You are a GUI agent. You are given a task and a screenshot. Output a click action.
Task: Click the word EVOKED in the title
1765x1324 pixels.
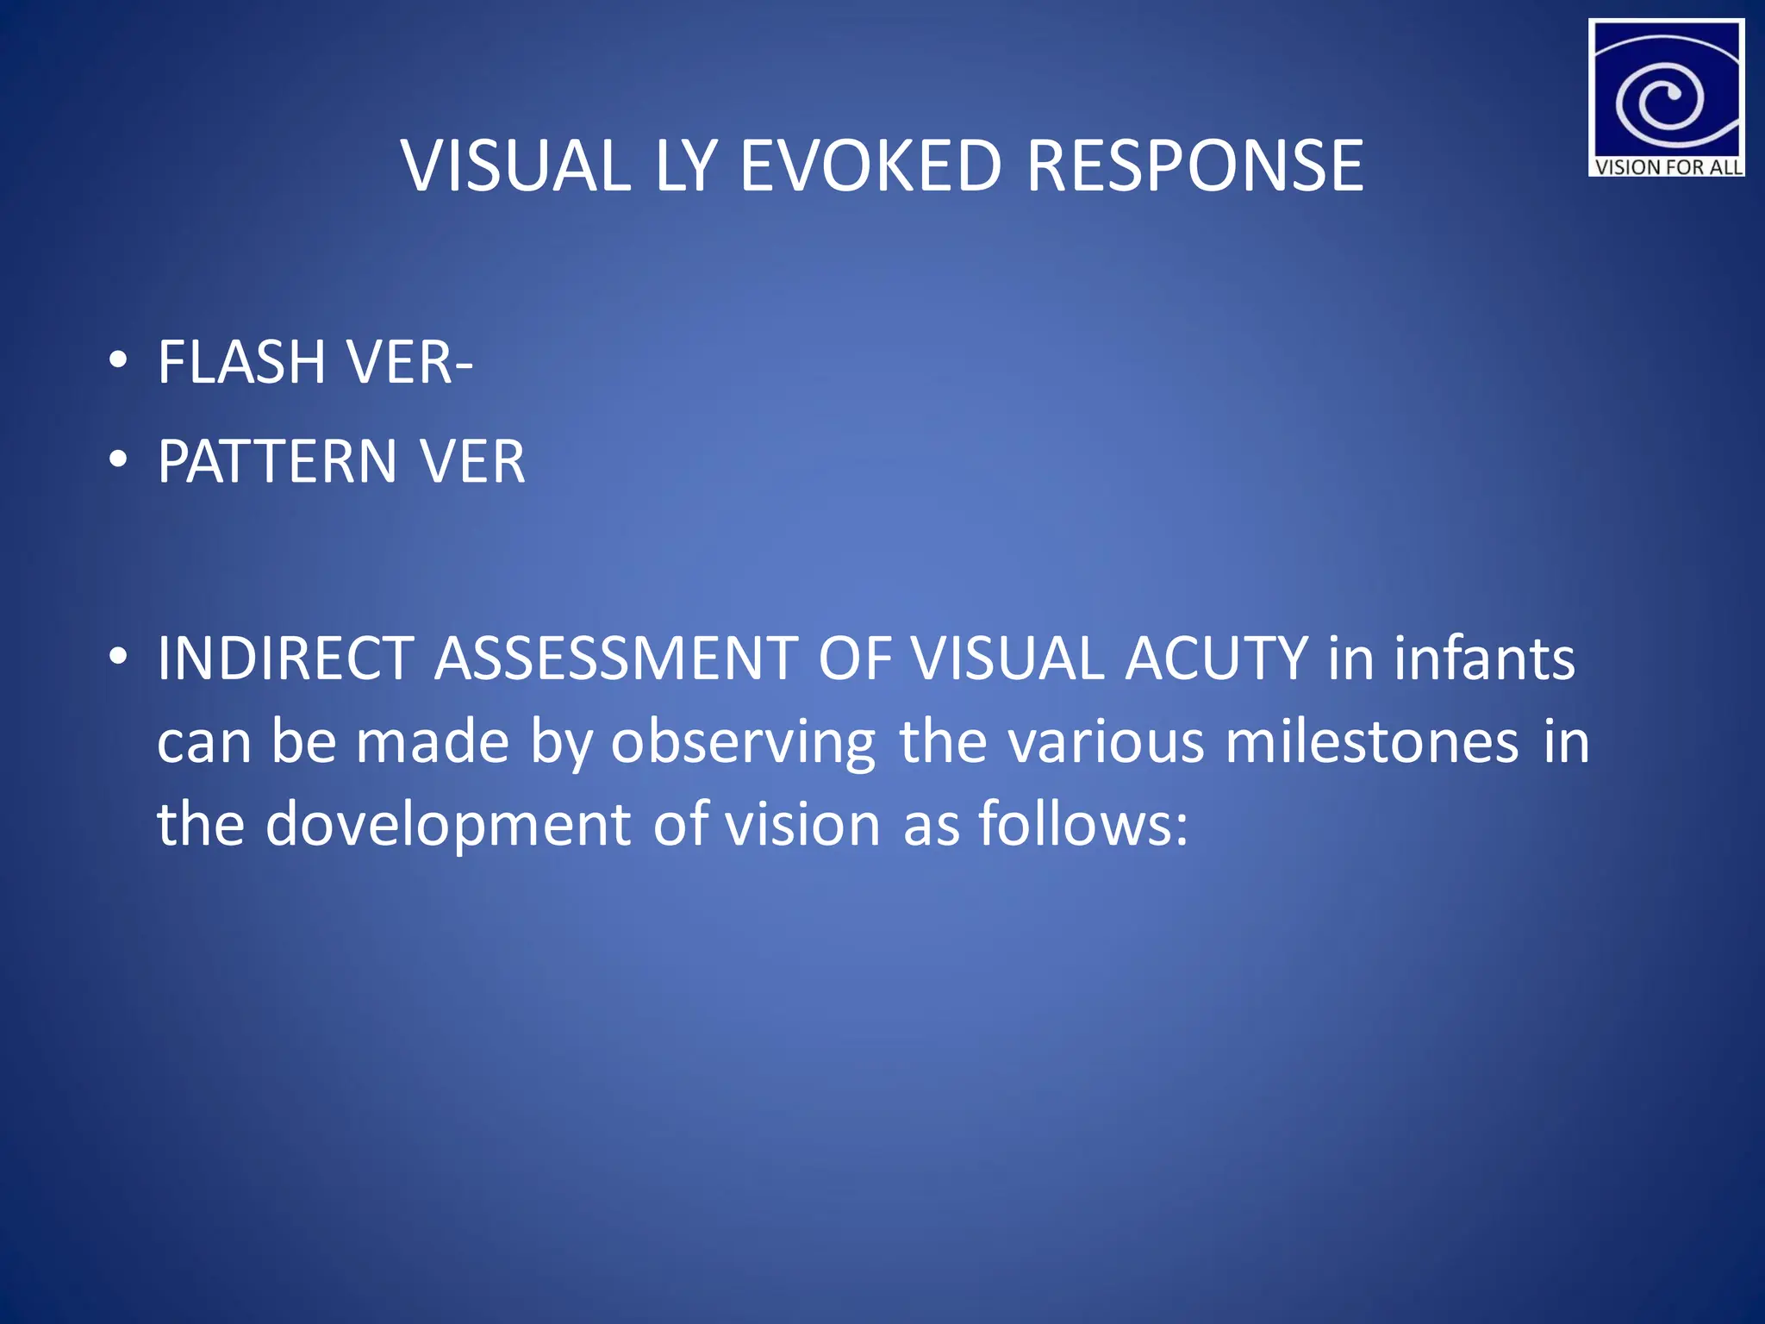[870, 165]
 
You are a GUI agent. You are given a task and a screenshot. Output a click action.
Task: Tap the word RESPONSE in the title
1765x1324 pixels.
[1194, 165]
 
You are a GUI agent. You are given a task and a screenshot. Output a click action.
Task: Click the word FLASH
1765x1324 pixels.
[241, 362]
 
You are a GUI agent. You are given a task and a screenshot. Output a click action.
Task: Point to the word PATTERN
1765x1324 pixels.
[277, 462]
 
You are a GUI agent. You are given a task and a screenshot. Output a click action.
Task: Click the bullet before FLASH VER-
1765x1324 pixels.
[119, 360]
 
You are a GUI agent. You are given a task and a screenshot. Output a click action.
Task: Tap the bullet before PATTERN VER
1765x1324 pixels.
[119, 459]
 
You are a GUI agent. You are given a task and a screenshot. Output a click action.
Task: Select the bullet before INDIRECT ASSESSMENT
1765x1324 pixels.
[119, 657]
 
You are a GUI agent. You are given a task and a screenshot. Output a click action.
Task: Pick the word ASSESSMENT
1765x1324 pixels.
[615, 659]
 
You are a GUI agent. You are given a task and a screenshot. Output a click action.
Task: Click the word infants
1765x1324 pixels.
[1484, 659]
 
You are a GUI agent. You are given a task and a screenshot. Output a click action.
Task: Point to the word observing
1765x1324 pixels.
[742, 743]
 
